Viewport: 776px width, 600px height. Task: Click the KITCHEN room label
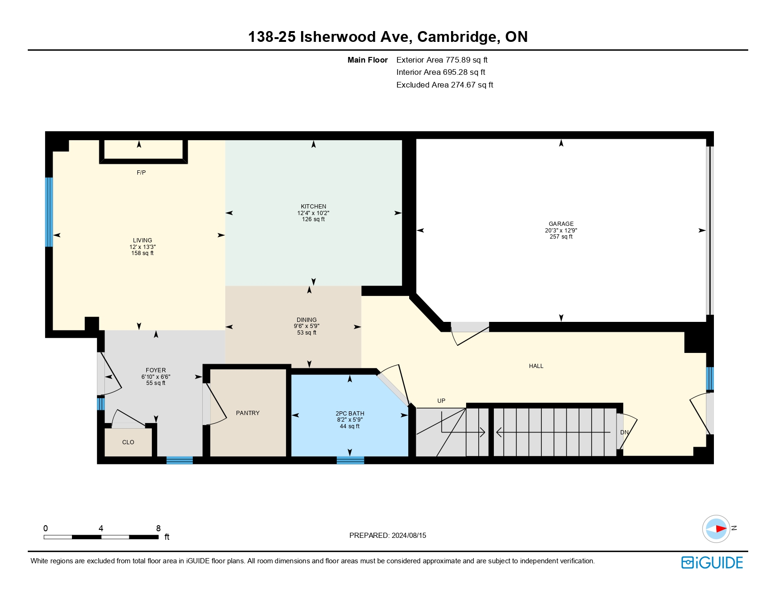[313, 206]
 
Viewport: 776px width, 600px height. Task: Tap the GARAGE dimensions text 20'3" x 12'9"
[561, 231]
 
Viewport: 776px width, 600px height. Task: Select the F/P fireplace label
[141, 173]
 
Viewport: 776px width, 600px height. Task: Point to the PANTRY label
[247, 413]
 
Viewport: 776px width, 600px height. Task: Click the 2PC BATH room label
[349, 413]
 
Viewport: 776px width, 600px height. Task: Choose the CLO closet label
[128, 442]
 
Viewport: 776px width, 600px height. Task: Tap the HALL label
[536, 366]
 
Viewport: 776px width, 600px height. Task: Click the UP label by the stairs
[441, 401]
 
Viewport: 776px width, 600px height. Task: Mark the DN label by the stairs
[624, 432]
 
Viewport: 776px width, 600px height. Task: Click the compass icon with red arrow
[716, 528]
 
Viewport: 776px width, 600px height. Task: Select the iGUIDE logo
[712, 562]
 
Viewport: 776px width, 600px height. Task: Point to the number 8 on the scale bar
[158, 528]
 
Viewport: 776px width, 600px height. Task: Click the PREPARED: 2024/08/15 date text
[388, 535]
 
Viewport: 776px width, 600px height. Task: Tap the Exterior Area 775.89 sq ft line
[442, 60]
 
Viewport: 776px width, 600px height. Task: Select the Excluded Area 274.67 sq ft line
[444, 85]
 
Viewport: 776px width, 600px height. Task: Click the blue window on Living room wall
[48, 212]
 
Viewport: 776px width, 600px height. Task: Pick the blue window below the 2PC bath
[350, 460]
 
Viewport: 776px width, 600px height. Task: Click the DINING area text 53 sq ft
[307, 333]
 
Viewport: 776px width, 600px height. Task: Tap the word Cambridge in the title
[456, 37]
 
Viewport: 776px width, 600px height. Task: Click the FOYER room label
[156, 370]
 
